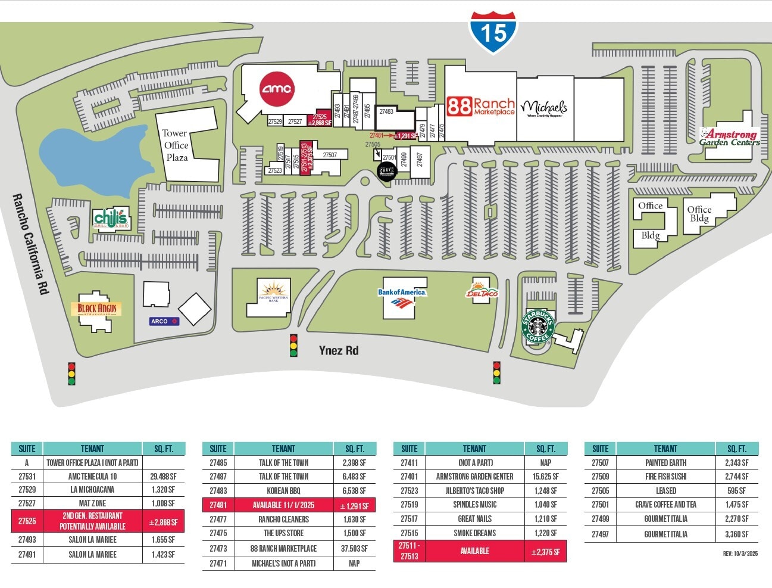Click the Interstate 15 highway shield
click(x=493, y=32)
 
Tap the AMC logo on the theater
click(x=277, y=89)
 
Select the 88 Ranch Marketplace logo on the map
click(x=480, y=107)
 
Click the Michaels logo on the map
click(x=544, y=108)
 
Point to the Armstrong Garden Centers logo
click(x=730, y=137)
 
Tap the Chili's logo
click(x=111, y=219)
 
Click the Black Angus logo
click(x=98, y=309)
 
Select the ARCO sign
click(x=164, y=321)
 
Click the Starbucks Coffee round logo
click(x=538, y=326)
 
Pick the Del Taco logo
click(x=482, y=290)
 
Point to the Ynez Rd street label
click(x=339, y=350)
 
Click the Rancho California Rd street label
click(x=30, y=244)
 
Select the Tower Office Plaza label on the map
click(x=176, y=145)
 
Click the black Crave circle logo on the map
click(x=387, y=171)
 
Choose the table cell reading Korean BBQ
click(x=283, y=491)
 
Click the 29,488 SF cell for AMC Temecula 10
click(x=163, y=476)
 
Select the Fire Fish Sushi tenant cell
click(x=665, y=477)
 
